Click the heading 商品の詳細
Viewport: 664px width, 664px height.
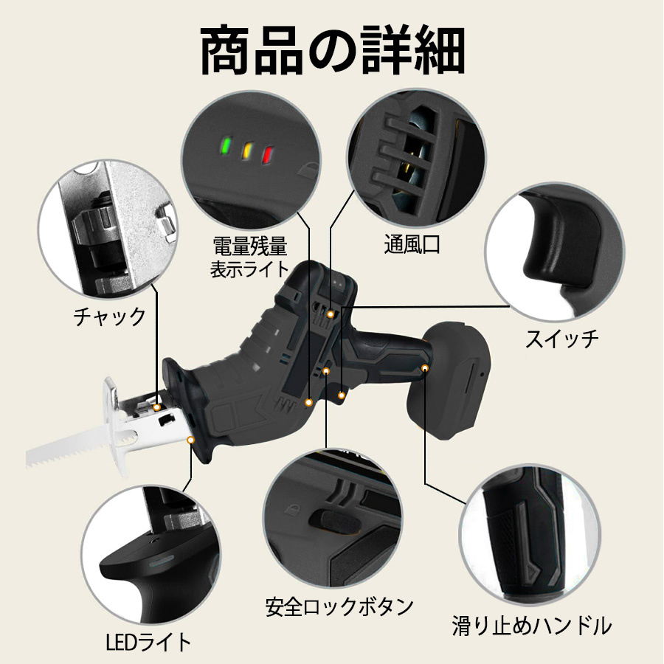[333, 50]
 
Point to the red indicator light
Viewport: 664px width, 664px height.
[268, 155]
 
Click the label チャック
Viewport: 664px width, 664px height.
[109, 317]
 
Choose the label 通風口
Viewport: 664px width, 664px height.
[412, 244]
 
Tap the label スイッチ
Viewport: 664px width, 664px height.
[561, 339]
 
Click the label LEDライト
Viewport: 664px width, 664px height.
[148, 642]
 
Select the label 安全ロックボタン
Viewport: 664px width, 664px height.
[339, 606]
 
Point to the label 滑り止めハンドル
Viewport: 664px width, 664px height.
[531, 626]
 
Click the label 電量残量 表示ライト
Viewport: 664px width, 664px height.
[249, 257]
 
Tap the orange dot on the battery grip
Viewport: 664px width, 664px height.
[425, 367]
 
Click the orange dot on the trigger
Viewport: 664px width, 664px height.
[342, 395]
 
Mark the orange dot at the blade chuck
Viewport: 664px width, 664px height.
[157, 407]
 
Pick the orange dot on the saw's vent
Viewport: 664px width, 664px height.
[331, 314]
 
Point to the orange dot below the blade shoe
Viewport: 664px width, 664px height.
[191, 440]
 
